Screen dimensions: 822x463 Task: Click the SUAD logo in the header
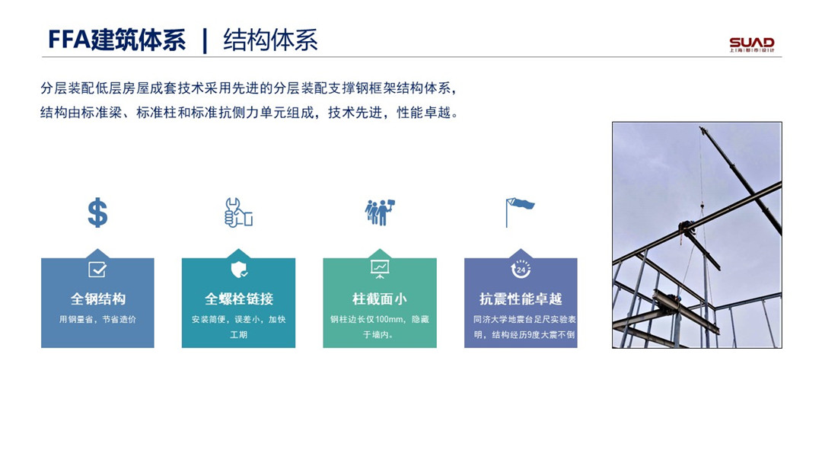752,44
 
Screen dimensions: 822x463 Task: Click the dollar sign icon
97,213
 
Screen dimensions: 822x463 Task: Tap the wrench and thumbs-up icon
238,212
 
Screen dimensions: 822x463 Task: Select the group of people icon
380,212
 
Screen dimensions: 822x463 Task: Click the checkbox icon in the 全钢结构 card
97,270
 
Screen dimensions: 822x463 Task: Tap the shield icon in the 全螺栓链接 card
239,270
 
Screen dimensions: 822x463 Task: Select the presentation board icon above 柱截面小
380,269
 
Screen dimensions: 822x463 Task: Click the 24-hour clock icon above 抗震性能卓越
521,270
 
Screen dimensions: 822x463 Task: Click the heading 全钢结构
98,299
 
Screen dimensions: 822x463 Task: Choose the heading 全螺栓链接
238,299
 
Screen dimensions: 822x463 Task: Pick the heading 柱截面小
380,299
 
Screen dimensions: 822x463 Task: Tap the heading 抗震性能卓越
521,299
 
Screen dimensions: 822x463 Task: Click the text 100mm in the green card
389,319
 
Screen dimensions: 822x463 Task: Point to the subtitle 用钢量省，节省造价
97,319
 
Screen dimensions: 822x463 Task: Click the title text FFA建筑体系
116,40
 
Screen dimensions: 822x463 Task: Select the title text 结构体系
270,40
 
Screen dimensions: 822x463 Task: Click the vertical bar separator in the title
205,40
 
